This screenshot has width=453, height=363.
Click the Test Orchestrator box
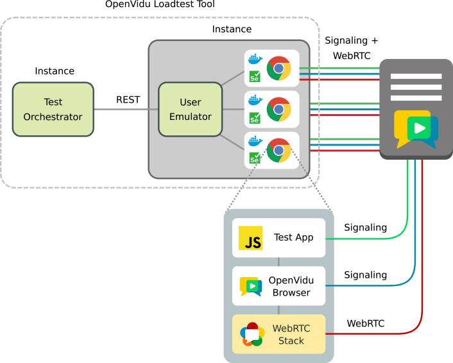pyautogui.click(x=54, y=110)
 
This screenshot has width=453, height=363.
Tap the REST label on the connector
pyautogui.click(x=127, y=99)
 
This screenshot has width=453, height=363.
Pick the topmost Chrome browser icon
pyautogui.click(x=278, y=68)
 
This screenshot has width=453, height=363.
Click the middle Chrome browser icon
pyautogui.click(x=278, y=109)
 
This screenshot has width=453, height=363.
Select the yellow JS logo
pyautogui.click(x=250, y=238)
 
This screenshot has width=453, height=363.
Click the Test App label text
pyautogui.click(x=293, y=238)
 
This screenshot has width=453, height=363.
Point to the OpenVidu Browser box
pyautogui.click(x=278, y=286)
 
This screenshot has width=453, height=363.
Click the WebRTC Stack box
pyautogui.click(x=278, y=334)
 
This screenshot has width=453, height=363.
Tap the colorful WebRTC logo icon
pyautogui.click(x=252, y=334)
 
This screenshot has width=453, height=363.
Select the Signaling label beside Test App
pyautogui.click(x=366, y=227)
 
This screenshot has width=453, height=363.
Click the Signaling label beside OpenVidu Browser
pyautogui.click(x=366, y=274)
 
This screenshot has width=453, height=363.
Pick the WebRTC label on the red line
pyautogui.click(x=366, y=323)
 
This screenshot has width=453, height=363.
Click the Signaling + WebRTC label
pyautogui.click(x=352, y=48)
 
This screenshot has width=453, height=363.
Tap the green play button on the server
pyautogui.click(x=419, y=128)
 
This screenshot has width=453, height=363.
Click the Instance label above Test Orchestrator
pyautogui.click(x=55, y=71)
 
